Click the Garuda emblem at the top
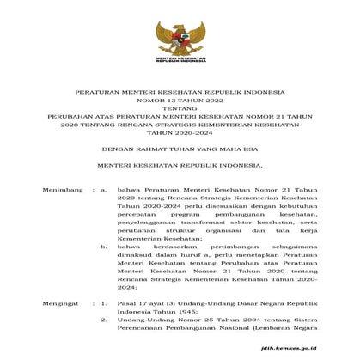click(x=180, y=36)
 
